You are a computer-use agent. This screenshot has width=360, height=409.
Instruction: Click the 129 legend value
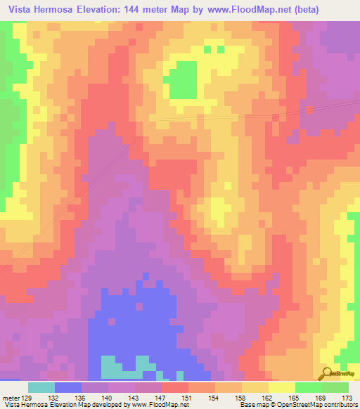[28, 398]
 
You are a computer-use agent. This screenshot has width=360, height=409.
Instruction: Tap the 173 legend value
[346, 398]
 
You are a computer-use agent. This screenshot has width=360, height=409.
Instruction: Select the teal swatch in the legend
[41, 387]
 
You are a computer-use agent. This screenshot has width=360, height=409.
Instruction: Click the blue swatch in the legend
[68, 387]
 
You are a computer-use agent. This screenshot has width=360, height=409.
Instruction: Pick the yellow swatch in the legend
[282, 387]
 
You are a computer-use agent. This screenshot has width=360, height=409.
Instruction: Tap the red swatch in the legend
[175, 387]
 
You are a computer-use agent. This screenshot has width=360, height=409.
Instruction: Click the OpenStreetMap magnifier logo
[327, 374]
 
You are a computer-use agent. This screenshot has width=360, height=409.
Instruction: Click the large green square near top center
[184, 79]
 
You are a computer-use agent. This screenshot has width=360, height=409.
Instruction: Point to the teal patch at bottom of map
[123, 365]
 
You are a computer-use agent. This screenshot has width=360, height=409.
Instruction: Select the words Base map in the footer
[250, 405]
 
